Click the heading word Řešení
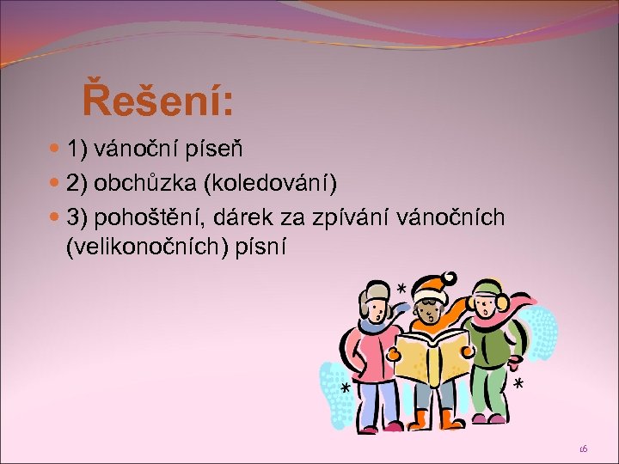point(157,101)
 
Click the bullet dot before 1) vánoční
point(57,150)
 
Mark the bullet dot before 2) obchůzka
point(57,185)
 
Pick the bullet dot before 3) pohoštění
point(57,220)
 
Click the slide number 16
point(583,449)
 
